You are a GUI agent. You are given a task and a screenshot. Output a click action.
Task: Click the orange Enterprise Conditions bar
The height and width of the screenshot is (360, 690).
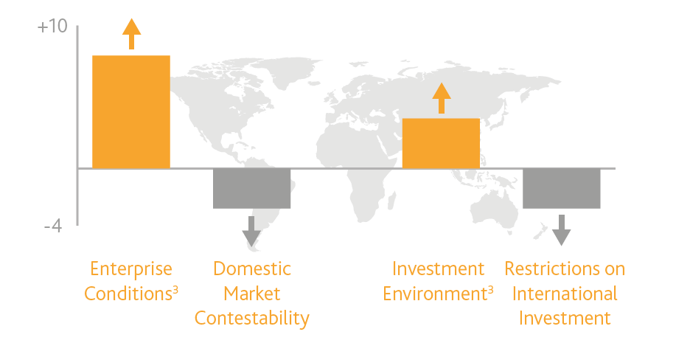coord(131,112)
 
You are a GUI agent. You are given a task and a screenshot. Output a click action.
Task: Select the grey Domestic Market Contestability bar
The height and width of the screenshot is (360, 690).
coord(251,188)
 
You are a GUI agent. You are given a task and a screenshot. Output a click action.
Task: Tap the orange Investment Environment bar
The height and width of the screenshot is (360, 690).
coord(441,143)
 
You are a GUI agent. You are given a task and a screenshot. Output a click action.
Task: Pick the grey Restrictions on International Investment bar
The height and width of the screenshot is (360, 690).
coord(562,188)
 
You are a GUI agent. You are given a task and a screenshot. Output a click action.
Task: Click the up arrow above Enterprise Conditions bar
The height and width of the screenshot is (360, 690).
coord(131,34)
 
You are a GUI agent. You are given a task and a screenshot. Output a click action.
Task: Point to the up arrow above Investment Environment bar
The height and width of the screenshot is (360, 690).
coord(442,98)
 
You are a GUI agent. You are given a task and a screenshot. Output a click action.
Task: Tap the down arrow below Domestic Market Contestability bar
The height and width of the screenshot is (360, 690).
coord(251,232)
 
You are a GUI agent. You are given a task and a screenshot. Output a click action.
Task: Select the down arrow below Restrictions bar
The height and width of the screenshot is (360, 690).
coord(562,230)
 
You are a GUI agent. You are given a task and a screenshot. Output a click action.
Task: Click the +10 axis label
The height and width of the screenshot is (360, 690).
coord(52,27)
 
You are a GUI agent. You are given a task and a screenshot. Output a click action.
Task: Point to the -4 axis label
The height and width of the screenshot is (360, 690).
coord(53,226)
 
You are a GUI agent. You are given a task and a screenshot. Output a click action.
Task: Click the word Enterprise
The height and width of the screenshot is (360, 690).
coord(131,269)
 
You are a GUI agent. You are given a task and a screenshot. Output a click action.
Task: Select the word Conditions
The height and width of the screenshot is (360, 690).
coord(128,294)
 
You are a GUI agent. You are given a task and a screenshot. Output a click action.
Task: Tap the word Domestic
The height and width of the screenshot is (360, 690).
coord(252,269)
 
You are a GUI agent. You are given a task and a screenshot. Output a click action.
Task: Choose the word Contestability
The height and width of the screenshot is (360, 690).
coord(252,319)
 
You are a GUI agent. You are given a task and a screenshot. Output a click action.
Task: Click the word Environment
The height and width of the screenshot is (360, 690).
coord(435,294)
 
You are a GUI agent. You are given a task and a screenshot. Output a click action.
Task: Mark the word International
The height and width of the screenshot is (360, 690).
coord(565,294)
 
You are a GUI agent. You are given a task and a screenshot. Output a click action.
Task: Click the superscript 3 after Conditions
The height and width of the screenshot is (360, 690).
coord(175,290)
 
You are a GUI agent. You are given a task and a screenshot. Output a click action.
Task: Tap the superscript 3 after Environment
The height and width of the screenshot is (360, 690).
coord(491,290)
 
